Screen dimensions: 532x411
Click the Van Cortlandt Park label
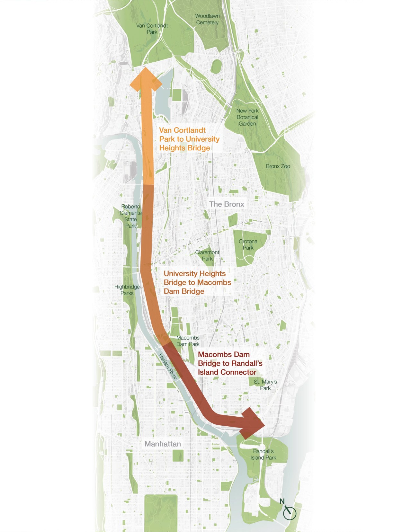152,29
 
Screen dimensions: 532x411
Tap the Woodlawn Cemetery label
207,19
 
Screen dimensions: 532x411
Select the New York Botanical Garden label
247,117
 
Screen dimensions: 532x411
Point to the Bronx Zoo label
278,166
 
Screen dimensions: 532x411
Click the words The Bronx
227,204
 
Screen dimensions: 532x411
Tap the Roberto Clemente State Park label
130,216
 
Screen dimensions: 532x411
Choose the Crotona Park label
248,244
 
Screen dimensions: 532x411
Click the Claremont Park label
207,255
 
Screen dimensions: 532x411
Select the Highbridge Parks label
127,290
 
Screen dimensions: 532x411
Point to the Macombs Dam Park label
188,341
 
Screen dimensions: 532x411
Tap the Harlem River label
168,366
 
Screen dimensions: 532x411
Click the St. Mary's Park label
265,385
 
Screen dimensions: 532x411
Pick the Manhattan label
163,444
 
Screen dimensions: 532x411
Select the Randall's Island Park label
264,454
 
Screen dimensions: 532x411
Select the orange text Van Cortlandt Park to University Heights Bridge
189,139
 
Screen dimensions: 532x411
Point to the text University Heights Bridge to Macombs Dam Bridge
197,282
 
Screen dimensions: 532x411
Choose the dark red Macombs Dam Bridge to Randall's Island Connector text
230,363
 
